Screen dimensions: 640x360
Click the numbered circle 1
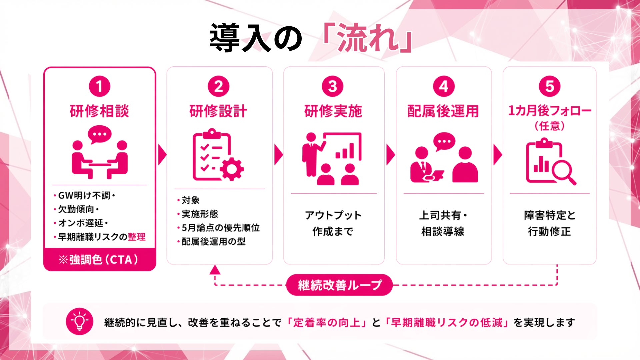coord(99,86)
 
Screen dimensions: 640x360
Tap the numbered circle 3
coord(332,86)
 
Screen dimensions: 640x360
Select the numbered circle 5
coord(549,86)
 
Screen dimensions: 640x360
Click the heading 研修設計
coord(218,111)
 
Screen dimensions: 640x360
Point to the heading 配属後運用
coord(443,111)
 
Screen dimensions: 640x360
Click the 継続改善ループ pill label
coord(339,285)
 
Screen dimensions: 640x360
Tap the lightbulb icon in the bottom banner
coord(79,321)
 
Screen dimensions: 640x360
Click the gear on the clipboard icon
coord(232,169)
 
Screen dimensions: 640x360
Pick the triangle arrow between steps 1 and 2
coord(162,155)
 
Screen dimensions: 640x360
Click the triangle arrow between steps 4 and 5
coord(497,155)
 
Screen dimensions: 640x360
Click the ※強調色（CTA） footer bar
coord(99,260)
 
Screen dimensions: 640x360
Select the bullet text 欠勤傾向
coord(76,209)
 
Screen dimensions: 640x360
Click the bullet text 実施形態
coord(200,214)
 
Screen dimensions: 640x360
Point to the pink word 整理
coord(137,237)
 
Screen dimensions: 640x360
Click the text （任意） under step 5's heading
coord(549,126)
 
